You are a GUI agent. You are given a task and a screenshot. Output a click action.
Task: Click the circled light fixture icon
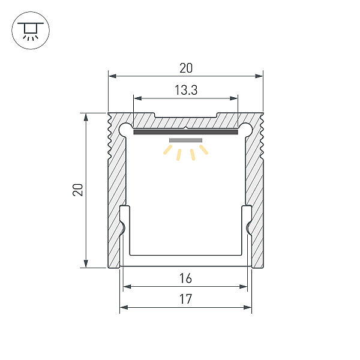(31, 31)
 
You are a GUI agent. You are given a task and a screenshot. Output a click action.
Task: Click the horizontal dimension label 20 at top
(186, 68)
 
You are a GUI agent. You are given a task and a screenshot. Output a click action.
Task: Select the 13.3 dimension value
(186, 90)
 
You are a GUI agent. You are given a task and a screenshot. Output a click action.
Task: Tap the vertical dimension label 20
(78, 190)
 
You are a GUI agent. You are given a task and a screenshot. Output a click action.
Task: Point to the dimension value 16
(185, 278)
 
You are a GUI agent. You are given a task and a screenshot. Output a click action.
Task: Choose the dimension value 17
(185, 299)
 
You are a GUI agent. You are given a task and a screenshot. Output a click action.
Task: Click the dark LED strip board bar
(186, 132)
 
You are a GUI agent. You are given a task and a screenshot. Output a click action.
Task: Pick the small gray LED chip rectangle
(186, 140)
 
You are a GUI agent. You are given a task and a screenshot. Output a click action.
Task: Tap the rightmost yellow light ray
(203, 149)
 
